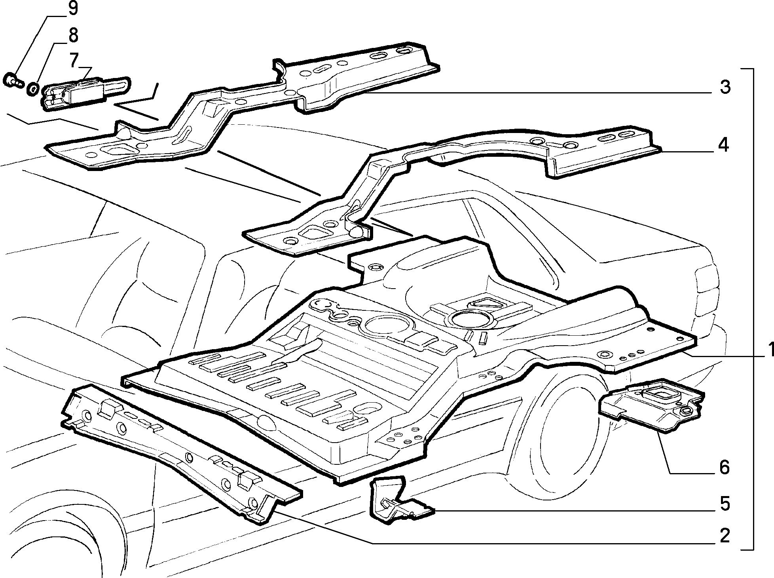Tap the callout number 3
click(x=725, y=87)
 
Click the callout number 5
click(x=725, y=504)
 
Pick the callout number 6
click(x=724, y=467)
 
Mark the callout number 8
click(x=73, y=35)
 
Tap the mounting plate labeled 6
click(x=651, y=407)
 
